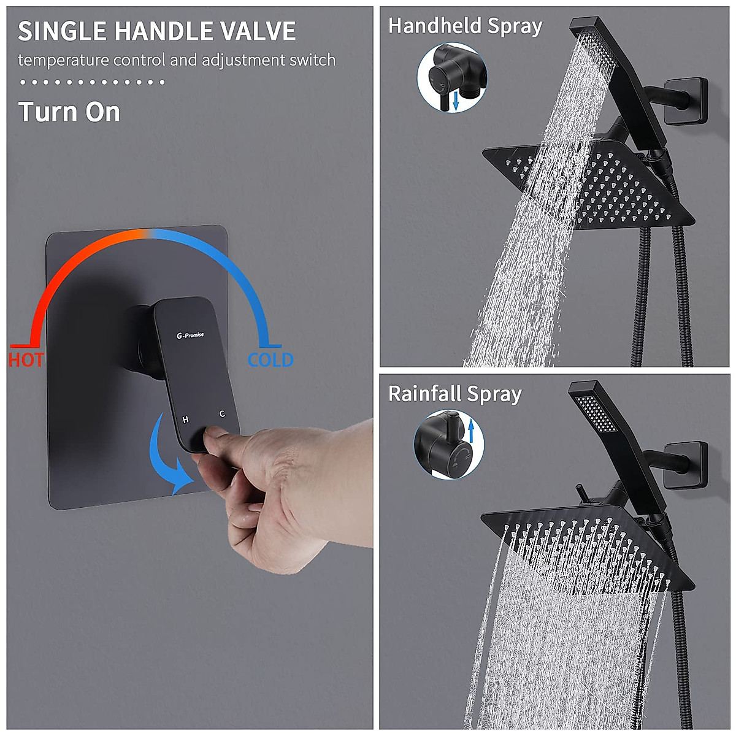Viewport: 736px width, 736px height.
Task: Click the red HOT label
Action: coord(26,359)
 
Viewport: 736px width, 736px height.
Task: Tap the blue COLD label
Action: coord(270,360)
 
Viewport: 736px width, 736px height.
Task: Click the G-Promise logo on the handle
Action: coord(190,335)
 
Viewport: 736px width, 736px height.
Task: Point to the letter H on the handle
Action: coord(186,420)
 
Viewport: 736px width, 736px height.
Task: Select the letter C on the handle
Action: coord(222,414)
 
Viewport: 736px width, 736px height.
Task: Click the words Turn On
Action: coord(69,112)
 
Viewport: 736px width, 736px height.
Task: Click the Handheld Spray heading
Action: coord(465,26)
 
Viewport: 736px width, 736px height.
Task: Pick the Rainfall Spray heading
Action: coord(454,394)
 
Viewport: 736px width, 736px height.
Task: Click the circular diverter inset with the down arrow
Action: coord(452,78)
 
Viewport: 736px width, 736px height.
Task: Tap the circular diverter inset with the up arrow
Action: coord(448,445)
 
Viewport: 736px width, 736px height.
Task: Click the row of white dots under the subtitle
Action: coord(92,82)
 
